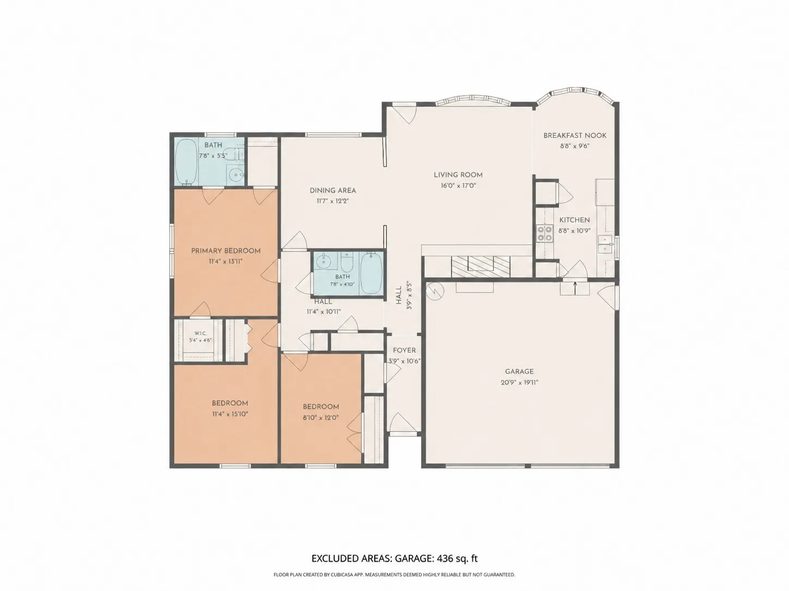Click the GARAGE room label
click(x=519, y=371)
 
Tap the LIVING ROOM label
click(x=458, y=175)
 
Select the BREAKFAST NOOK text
click(x=574, y=136)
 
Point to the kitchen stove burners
click(x=544, y=233)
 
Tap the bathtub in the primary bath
click(x=186, y=161)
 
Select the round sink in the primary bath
click(x=236, y=175)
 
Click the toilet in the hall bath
click(x=347, y=262)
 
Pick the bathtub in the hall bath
click(x=371, y=273)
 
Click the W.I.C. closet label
click(x=201, y=334)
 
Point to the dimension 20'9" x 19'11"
click(x=519, y=383)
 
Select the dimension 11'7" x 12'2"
click(x=332, y=201)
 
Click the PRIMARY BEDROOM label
click(x=226, y=251)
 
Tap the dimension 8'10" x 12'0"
click(x=320, y=418)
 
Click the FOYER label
click(x=404, y=350)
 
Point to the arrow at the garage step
click(x=575, y=288)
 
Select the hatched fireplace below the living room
click(x=481, y=266)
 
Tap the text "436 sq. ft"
click(x=457, y=559)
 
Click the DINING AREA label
click(x=333, y=190)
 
